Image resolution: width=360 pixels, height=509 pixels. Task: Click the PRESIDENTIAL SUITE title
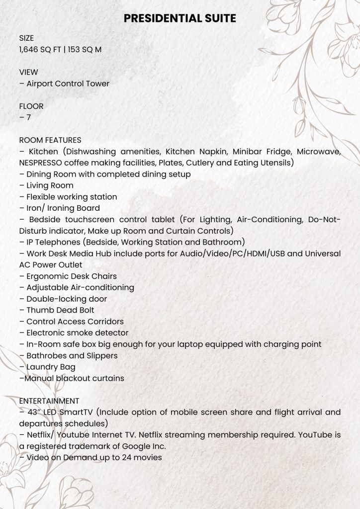[x=180, y=18]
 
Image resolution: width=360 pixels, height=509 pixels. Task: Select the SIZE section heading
[x=26, y=38]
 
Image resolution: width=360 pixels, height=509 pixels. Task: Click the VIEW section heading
[x=28, y=72]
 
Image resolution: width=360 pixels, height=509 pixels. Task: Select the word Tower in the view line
[x=98, y=84]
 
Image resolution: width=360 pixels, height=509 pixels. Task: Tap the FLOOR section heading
[x=31, y=106]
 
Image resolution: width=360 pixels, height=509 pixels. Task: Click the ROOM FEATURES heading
[x=50, y=140]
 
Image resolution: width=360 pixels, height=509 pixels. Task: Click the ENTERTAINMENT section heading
[x=49, y=401]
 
